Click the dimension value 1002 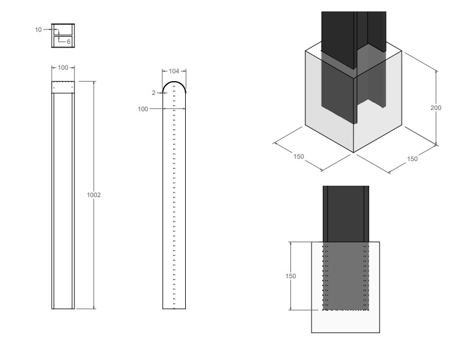pos(94,195)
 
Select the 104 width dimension pos(174,71)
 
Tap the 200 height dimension pos(436,108)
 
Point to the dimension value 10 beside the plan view pos(38,29)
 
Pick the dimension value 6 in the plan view pos(69,41)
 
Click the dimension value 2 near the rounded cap pos(153,93)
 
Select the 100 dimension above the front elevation pos(63,67)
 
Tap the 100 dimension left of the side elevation pos(143,109)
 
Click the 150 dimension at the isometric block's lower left pos(298,156)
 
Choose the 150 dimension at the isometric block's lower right pos(412,159)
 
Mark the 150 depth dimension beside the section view pos(290,276)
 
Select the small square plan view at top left pos(63,35)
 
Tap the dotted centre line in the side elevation pos(174,198)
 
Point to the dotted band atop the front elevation pos(63,87)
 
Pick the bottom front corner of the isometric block pos(353,153)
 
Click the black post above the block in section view pos(346,213)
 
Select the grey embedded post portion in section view pos(346,276)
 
